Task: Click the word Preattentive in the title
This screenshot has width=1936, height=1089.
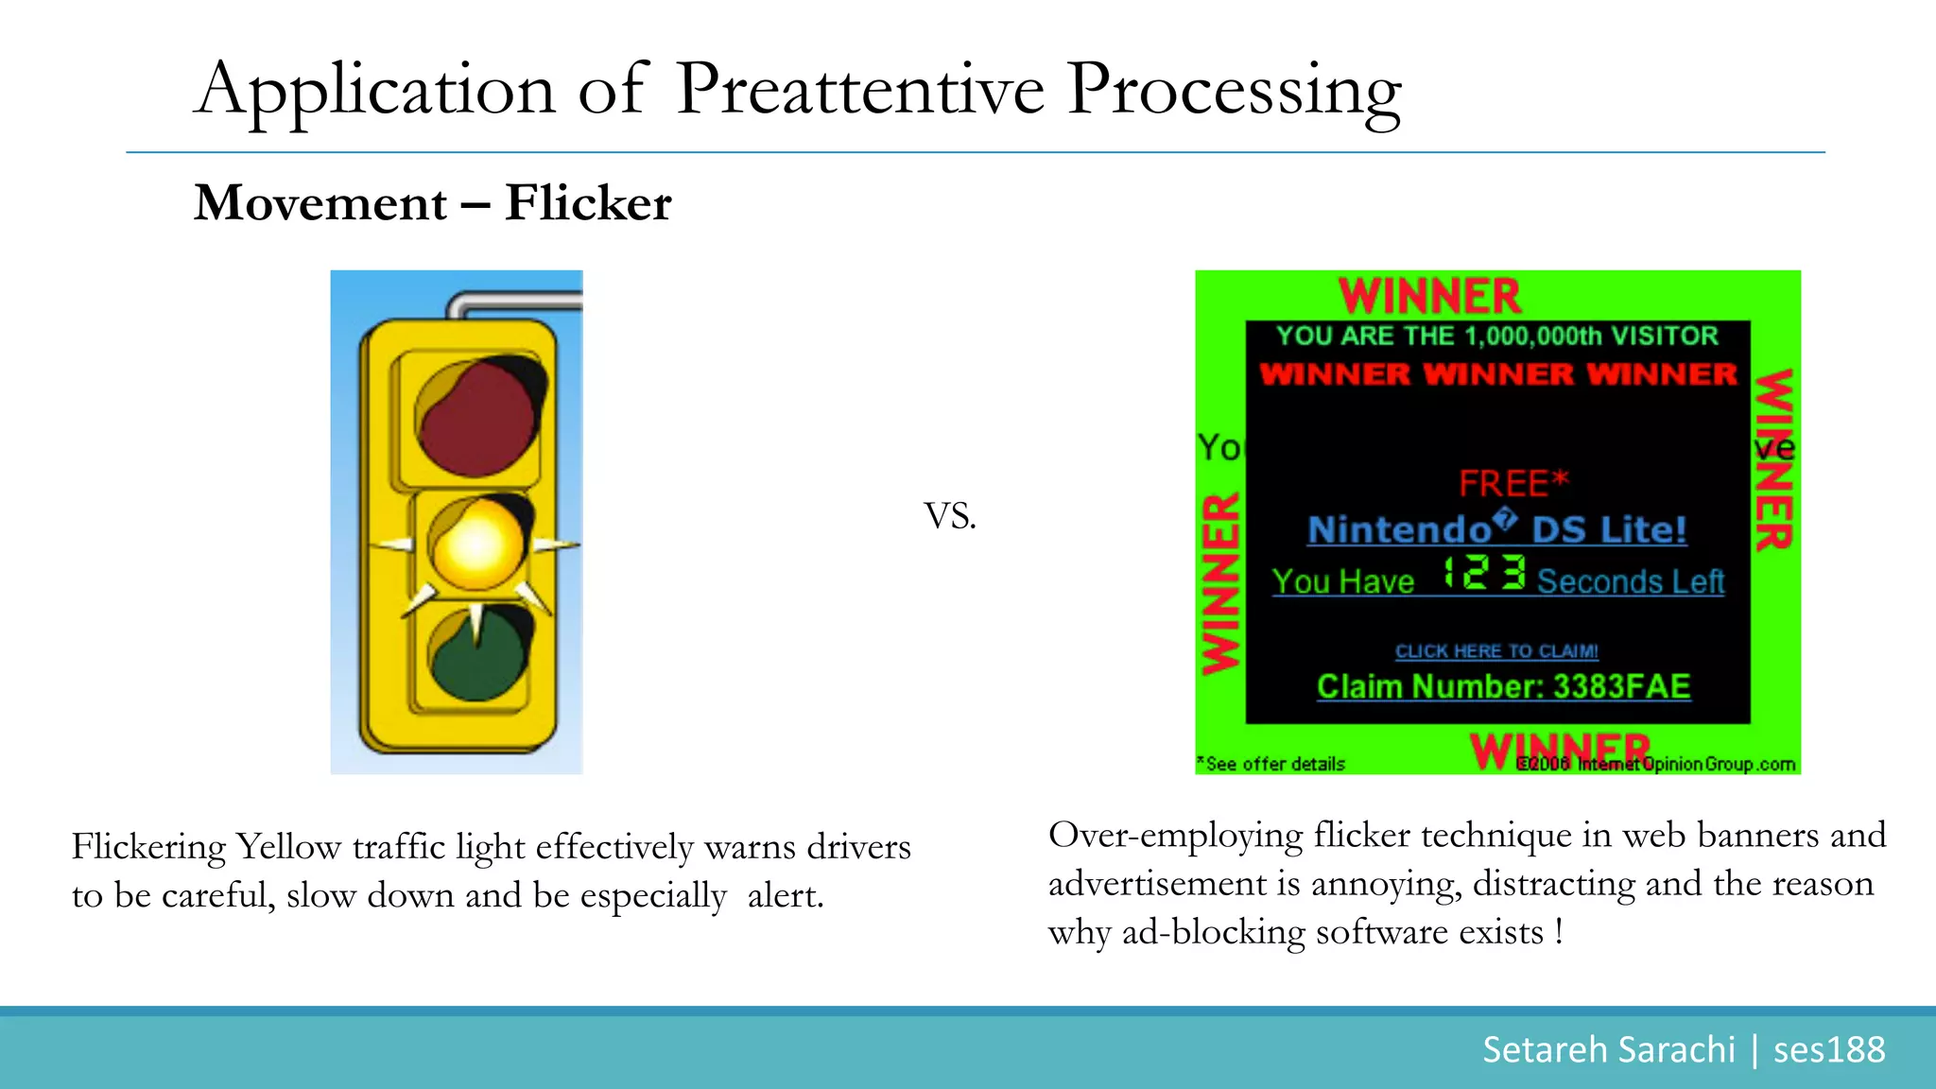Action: coord(860,90)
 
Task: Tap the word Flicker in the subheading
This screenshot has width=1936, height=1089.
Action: coord(587,202)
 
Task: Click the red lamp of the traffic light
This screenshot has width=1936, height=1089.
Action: coord(477,417)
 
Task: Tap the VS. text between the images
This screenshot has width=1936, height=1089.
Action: coord(949,516)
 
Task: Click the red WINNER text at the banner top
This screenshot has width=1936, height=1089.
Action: coord(1429,296)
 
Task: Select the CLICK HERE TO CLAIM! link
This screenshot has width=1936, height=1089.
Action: coord(1496,651)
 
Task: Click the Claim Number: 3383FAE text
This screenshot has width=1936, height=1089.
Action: coord(1503,686)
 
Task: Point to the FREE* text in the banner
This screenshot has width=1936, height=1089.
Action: coord(1512,483)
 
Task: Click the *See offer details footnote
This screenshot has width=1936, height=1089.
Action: coord(1271,764)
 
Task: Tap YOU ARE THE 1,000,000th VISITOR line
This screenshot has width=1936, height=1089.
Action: coord(1496,336)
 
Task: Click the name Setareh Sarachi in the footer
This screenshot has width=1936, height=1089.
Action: coord(1608,1049)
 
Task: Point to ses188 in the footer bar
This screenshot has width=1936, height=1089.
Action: coord(1828,1049)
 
